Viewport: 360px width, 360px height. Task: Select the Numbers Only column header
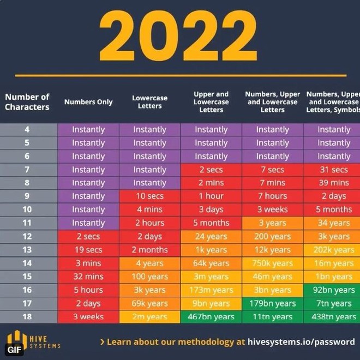coord(88,102)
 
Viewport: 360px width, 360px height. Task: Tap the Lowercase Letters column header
coord(149,102)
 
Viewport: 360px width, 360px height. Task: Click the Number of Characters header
coord(27,102)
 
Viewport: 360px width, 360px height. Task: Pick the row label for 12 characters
coord(27,237)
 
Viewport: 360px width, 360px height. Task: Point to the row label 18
coord(27,317)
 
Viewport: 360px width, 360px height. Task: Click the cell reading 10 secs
coord(149,196)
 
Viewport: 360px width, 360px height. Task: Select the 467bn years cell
coord(211,317)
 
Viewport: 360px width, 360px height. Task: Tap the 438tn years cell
coord(333,317)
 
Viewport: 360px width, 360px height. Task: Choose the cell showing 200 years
coord(272,237)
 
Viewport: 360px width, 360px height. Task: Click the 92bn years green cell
coord(333,290)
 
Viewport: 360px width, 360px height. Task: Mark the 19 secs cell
coord(88,250)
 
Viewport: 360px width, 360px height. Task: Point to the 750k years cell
coord(272,263)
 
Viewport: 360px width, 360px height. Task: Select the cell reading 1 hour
coord(211,196)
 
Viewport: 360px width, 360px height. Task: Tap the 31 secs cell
coord(333,170)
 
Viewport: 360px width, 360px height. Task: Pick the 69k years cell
coord(149,303)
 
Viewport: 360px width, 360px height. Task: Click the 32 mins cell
coord(88,277)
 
